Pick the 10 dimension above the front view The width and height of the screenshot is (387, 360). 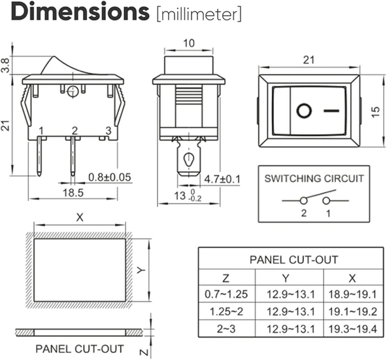click(x=189, y=43)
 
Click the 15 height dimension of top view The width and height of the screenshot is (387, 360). click(x=373, y=111)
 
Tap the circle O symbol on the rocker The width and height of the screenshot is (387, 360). click(x=303, y=111)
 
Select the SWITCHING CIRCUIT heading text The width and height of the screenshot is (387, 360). click(x=314, y=178)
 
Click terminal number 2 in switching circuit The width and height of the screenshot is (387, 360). click(x=304, y=214)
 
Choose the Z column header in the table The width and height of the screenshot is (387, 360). click(x=224, y=277)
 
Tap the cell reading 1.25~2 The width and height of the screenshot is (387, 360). click(x=224, y=311)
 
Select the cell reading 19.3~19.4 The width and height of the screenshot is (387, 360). click(x=353, y=329)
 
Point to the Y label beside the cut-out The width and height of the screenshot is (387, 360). click(x=139, y=270)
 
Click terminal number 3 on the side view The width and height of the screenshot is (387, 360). click(x=109, y=130)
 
